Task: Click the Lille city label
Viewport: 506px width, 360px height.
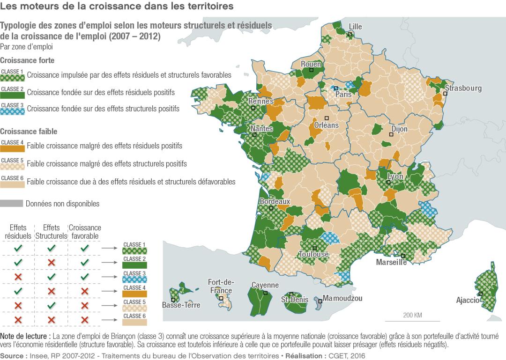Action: coord(355,27)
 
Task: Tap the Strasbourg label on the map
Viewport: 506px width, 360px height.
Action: coord(463,88)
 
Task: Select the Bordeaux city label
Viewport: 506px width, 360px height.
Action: coord(275,201)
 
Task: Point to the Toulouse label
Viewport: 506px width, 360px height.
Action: coord(313,254)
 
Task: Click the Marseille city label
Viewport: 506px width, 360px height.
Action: coord(391,262)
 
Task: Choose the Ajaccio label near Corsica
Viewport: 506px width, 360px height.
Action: coord(468,300)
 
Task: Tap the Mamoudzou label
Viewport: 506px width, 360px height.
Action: coord(342,298)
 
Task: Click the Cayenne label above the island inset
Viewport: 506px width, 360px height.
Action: coord(265,285)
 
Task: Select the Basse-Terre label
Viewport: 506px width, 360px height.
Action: coord(181,305)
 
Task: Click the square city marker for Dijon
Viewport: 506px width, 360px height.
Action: coord(390,134)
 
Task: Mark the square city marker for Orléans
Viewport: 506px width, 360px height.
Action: coord(327,118)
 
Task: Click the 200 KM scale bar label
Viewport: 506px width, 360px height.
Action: coord(412,315)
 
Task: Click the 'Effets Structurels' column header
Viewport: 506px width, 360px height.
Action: coord(51,232)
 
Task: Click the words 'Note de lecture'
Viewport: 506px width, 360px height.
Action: coord(25,336)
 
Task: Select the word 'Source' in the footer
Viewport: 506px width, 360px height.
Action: coord(13,356)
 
